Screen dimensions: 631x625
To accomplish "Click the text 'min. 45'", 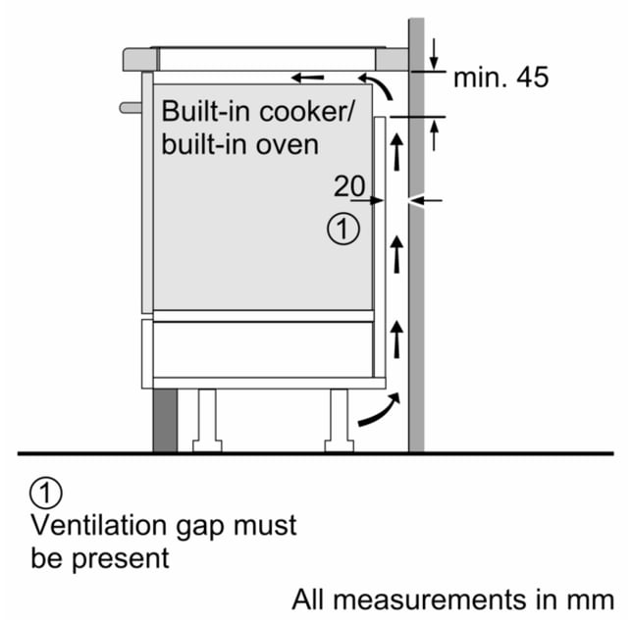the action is [500, 78].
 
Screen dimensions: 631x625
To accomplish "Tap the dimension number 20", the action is [349, 186].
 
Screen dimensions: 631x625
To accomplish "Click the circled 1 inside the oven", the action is [343, 230].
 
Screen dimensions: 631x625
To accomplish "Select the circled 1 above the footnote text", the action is [46, 493].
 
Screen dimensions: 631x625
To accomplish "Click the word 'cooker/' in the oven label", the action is [306, 112].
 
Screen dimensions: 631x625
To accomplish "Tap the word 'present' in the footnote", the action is [121, 560].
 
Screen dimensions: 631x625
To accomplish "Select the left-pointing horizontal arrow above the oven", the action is [307, 78].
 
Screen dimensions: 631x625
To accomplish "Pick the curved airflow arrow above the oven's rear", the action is [376, 85].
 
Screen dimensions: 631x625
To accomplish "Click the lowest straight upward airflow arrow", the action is [397, 339].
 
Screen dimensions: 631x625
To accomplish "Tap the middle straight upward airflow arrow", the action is [397, 254].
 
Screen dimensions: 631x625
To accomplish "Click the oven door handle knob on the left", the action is [131, 108].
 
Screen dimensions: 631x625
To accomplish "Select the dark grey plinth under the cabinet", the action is [165, 421].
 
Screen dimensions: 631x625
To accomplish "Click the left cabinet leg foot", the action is [207, 445].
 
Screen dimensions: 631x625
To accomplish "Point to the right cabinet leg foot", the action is [340, 445].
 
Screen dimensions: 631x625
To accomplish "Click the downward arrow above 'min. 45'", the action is [434, 54].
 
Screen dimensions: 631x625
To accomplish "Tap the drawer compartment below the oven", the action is [263, 349].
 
